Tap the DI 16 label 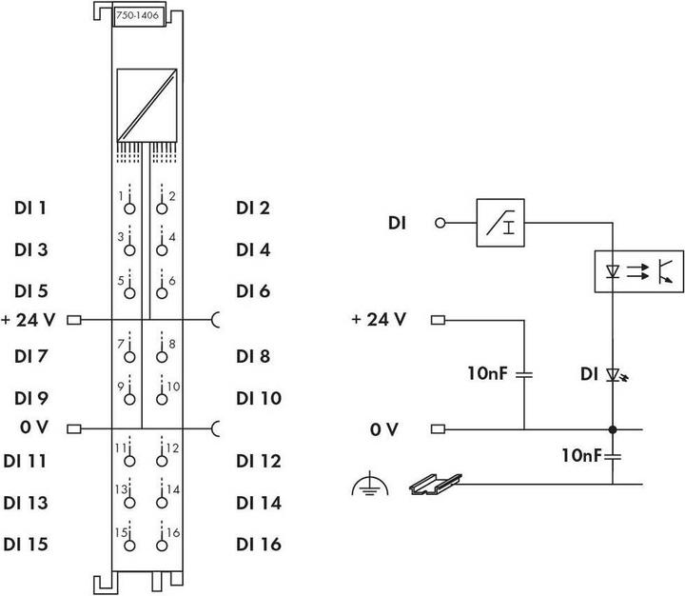tap(259, 545)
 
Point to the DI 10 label tap(259, 398)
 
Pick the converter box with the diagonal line tap(145, 106)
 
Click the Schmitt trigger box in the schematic tap(499, 224)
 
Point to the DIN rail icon tap(439, 487)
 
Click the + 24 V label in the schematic tap(379, 319)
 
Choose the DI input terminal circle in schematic tap(440, 225)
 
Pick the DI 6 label tap(254, 290)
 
